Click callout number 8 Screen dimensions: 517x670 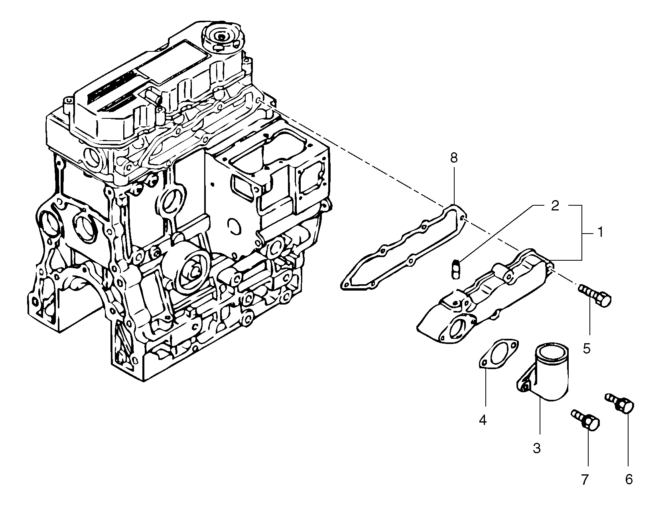click(x=454, y=158)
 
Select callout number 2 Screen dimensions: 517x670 click(x=555, y=206)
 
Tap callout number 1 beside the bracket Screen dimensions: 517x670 click(x=600, y=233)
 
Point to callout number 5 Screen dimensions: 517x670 click(x=586, y=348)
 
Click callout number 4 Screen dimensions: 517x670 click(x=483, y=420)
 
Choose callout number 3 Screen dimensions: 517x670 click(x=537, y=448)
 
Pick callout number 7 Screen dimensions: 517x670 click(x=585, y=480)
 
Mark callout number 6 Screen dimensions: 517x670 click(x=629, y=480)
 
